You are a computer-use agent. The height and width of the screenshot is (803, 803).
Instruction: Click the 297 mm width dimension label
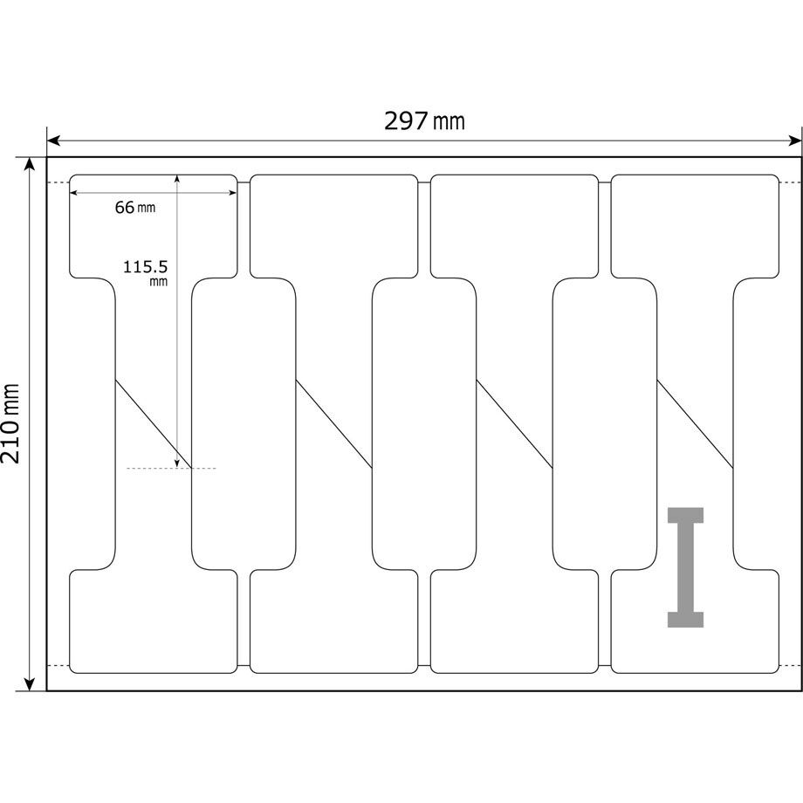(424, 121)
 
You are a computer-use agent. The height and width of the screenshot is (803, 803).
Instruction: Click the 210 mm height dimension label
(11, 423)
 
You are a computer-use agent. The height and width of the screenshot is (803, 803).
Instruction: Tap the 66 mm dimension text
(134, 208)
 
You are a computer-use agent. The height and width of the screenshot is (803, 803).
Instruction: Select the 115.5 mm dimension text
(146, 272)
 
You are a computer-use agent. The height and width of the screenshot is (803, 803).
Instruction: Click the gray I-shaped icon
(685, 567)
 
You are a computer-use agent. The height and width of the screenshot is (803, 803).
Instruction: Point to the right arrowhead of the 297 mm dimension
(794, 141)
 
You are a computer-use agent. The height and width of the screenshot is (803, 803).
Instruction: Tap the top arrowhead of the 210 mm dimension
(31, 164)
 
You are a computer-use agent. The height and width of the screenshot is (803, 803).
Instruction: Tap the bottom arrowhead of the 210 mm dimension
(31, 683)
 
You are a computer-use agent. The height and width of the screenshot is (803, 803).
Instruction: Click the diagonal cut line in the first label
(153, 424)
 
